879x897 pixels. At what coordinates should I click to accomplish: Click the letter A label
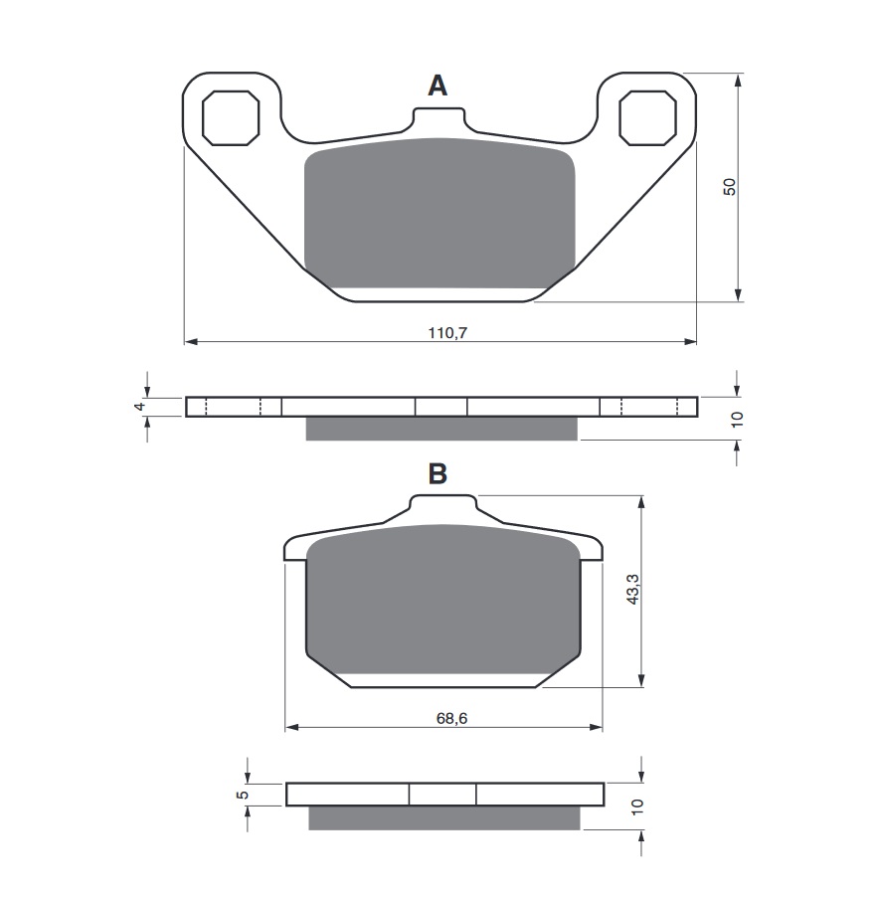click(x=438, y=87)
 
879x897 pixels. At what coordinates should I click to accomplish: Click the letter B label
click(x=438, y=474)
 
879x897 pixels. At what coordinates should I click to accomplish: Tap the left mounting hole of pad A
click(x=231, y=117)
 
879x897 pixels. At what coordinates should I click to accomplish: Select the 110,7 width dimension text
click(x=447, y=333)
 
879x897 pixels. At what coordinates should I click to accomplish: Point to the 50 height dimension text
click(x=729, y=186)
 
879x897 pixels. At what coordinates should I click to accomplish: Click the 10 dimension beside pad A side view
click(x=736, y=419)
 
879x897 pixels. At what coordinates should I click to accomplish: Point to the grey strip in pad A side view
click(x=440, y=429)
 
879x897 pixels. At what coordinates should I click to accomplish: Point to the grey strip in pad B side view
click(x=443, y=817)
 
